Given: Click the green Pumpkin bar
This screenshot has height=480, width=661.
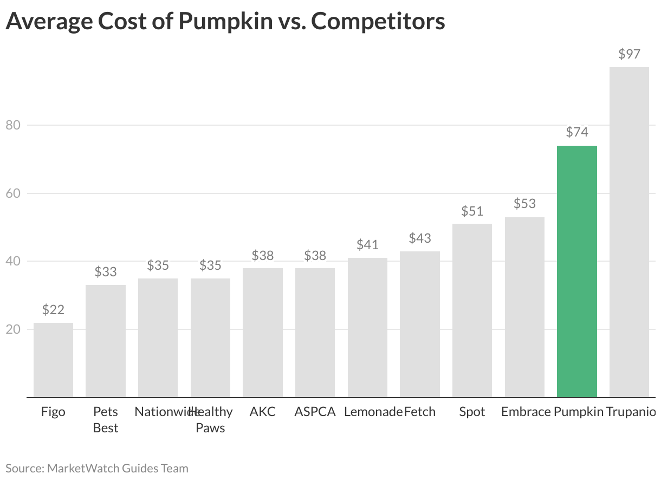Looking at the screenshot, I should tap(577, 271).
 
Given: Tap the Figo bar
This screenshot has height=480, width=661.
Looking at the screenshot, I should tap(53, 360).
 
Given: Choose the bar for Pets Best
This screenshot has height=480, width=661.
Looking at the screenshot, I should tap(106, 341).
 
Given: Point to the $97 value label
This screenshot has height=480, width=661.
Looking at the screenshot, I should tap(629, 54).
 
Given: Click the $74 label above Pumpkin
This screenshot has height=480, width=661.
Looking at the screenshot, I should tap(577, 132).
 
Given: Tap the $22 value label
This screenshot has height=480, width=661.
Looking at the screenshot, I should tap(53, 310).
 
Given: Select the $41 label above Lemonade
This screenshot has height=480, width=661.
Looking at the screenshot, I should tap(367, 245).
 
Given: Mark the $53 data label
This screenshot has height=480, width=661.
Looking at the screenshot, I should tap(524, 204).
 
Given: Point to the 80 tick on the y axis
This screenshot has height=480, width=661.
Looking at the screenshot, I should tap(12, 125).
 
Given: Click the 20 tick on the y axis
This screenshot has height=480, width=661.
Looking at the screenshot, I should tap(12, 329).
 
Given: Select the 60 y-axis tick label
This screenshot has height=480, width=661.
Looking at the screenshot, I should tap(12, 193).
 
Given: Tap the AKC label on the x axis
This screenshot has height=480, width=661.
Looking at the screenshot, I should tap(263, 412).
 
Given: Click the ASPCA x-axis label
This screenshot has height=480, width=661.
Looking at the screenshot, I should tap(315, 412).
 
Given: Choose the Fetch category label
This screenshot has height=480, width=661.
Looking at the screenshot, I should tap(420, 412).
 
